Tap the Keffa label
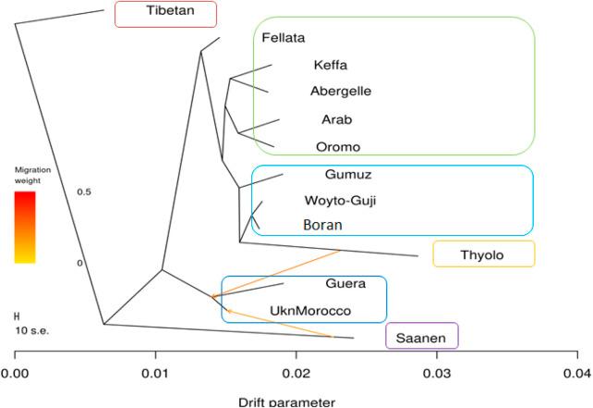[331, 65]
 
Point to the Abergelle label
[341, 91]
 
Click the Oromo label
[337, 146]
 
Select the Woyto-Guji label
[340, 200]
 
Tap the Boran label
[323, 225]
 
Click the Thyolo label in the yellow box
[484, 253]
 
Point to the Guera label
[345, 284]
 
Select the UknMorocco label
[309, 311]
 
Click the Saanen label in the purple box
[421, 338]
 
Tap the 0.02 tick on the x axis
[296, 373]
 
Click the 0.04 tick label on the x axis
[577, 373]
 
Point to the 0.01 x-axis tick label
[156, 373]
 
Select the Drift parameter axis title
[286, 402]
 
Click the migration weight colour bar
[25, 227]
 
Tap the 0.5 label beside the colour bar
[85, 192]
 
